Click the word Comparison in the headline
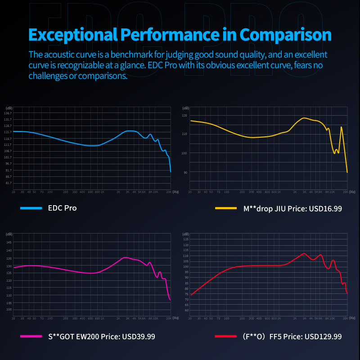click(285, 35)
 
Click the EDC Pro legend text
click(62, 208)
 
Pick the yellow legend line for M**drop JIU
click(226, 208)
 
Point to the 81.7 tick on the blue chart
click(8, 183)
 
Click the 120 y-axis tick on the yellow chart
click(184, 116)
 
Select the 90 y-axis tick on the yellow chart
click(185, 172)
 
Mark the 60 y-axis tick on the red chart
click(185, 310)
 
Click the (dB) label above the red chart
click(185, 234)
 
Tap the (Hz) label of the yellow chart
click(352, 192)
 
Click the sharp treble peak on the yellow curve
click(342, 127)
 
